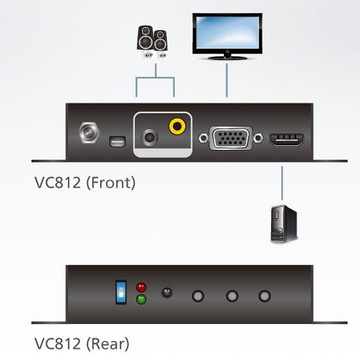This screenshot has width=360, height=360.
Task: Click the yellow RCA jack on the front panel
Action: [177, 126]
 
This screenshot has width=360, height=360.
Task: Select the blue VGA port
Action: [231, 138]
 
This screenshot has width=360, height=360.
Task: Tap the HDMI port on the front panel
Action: [287, 139]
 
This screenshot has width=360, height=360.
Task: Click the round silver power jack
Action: [89, 133]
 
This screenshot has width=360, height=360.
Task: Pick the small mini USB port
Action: [117, 141]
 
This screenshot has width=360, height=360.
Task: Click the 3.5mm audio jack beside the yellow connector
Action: [149, 137]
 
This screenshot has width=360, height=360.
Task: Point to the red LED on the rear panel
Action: [141, 287]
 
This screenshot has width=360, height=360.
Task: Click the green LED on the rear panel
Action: [141, 299]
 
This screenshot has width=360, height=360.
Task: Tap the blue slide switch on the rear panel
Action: [121, 292]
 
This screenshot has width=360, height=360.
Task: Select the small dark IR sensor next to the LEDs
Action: [167, 293]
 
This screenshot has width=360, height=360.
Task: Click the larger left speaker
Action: [145, 41]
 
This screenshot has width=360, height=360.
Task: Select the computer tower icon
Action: [284, 223]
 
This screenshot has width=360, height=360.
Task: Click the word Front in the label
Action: [111, 183]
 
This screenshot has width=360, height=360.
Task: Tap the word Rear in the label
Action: [108, 344]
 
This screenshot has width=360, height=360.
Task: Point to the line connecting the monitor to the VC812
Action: [227, 80]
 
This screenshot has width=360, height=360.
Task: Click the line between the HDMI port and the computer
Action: [282, 183]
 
